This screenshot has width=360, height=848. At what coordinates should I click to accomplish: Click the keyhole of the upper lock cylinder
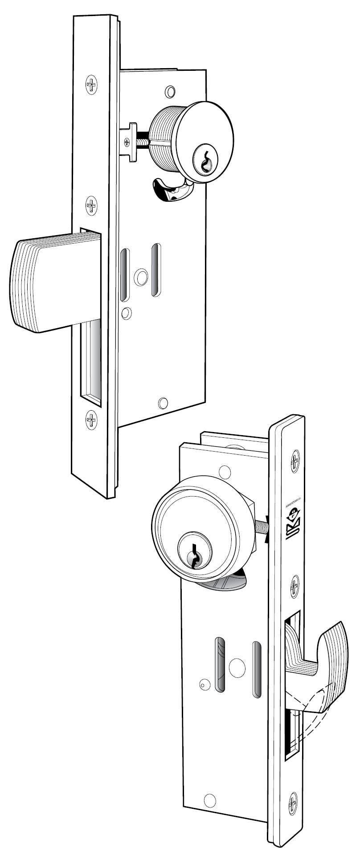[205, 162]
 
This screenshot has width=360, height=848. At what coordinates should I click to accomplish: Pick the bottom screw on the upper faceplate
[91, 419]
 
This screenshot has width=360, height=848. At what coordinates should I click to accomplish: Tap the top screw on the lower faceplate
[295, 461]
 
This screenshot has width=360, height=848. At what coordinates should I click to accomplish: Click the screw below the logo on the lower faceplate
[295, 587]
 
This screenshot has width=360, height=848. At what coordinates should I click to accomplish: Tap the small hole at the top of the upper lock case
[169, 91]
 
